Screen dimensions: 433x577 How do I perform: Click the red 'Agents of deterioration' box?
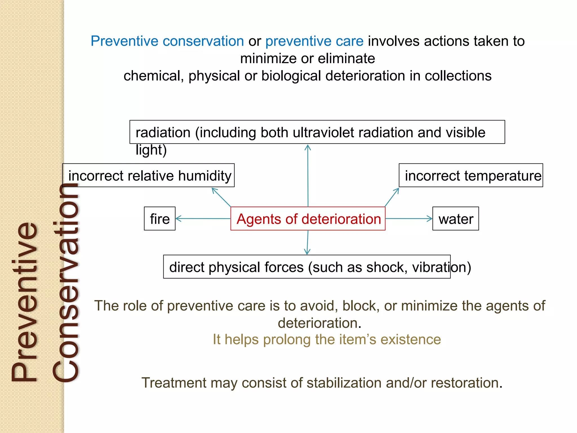tap(308, 219)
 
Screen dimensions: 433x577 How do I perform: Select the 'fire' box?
tap(160, 219)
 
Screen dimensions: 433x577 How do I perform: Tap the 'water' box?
tap(456, 219)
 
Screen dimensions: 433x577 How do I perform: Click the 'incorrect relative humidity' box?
tap(149, 175)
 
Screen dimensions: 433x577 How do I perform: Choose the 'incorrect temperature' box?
tap(471, 175)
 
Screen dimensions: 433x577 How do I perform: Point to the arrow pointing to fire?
tap(203, 218)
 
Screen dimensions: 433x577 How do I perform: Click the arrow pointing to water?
tap(409, 218)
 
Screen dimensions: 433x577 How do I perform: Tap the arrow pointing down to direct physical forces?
tap(308, 242)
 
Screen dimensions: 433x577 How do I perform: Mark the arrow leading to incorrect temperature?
tap(392, 197)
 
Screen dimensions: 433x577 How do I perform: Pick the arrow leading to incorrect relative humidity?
tap(221, 197)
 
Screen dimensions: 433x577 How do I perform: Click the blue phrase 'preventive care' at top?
tap(314, 41)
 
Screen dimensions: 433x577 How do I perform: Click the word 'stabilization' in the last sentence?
tap(344, 383)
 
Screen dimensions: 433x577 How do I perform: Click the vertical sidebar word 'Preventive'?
tap(25, 302)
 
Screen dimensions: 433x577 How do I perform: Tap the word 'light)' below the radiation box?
tap(151, 150)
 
